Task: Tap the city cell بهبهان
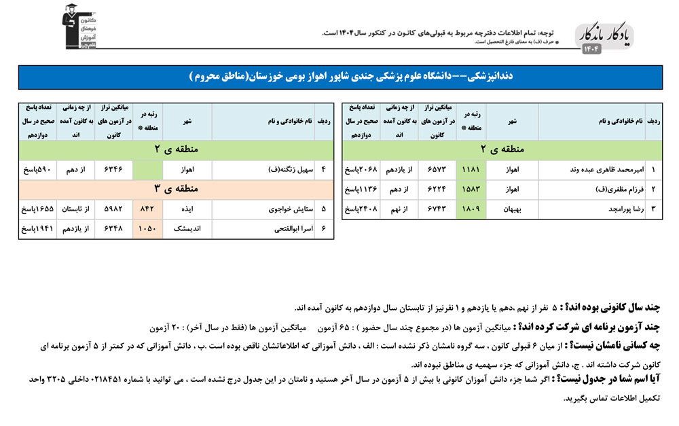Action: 512,209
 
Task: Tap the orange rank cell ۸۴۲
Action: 147,210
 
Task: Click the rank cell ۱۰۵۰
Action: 147,230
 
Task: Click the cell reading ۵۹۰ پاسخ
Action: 35,169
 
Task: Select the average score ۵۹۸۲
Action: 113,210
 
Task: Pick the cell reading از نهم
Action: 398,209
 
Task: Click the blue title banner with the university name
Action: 339,77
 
